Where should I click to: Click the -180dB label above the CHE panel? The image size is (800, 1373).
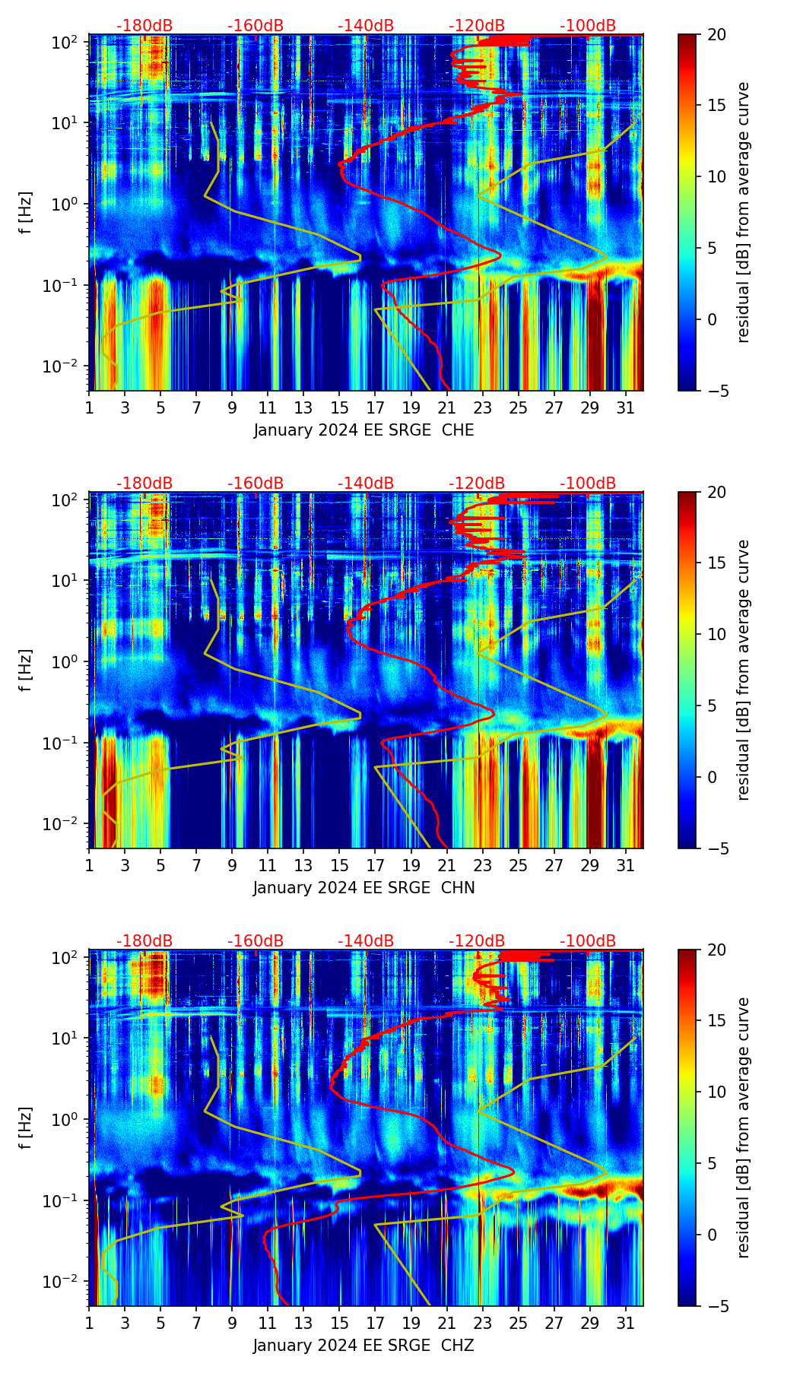click(144, 26)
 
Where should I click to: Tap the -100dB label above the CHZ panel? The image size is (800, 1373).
click(588, 941)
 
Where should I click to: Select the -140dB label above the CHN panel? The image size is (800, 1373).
click(366, 484)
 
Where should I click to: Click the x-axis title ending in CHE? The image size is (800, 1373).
click(363, 430)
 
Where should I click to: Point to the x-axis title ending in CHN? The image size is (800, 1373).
click(363, 888)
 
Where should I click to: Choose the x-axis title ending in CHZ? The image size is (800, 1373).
click(363, 1346)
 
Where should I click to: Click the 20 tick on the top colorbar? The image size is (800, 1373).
click(716, 34)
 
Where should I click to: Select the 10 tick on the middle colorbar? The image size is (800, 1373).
click(716, 634)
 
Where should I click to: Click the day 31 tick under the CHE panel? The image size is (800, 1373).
click(626, 408)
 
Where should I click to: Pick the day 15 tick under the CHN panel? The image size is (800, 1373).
click(339, 866)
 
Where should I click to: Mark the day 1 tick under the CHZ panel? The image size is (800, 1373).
click(89, 1324)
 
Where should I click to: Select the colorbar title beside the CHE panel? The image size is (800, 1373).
click(743, 212)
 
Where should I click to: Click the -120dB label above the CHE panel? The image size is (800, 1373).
click(477, 26)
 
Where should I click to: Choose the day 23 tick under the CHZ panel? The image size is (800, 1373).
click(482, 1324)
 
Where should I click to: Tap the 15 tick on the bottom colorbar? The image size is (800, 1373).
click(716, 1021)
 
